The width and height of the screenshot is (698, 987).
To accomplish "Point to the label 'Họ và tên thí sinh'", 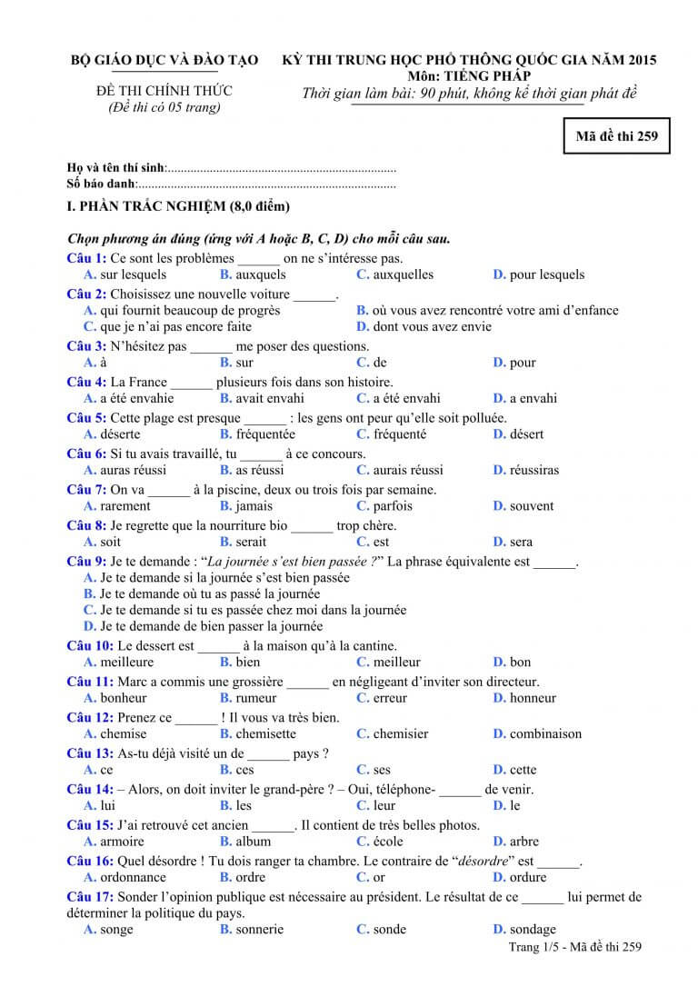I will [x=116, y=168].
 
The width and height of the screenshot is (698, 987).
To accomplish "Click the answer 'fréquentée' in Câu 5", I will [x=265, y=434].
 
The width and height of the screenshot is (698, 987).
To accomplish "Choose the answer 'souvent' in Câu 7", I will [x=531, y=506].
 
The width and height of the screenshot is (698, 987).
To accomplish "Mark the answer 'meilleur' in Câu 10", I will [x=396, y=662].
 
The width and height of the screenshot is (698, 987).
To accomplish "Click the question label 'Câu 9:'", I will [x=87, y=562].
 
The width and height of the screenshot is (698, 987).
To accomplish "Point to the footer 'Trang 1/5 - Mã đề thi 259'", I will [x=575, y=947].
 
